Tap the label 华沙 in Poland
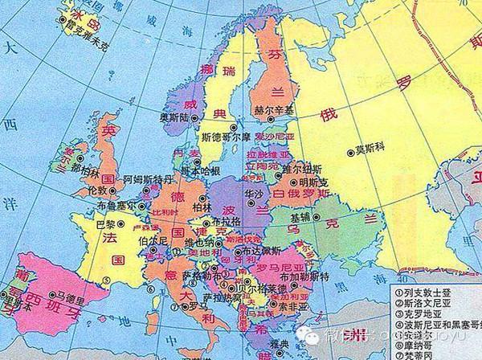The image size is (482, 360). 253,194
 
